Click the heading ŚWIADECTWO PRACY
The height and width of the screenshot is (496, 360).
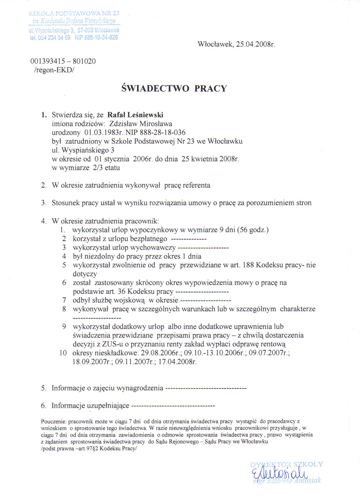point(174,88)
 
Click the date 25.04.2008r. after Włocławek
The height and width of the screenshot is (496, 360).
point(256,44)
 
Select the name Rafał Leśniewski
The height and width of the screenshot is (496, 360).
point(135,115)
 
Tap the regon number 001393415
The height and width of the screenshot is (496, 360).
point(47,61)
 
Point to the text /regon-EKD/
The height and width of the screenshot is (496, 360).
point(54,70)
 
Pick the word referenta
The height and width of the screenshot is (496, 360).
point(197,185)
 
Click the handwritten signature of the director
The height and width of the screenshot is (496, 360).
point(278,474)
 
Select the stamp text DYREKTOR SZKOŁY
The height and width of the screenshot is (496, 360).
point(286,464)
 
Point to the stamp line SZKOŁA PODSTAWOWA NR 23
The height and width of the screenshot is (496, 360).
point(74,13)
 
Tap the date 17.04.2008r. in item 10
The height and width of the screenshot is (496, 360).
point(177,362)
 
